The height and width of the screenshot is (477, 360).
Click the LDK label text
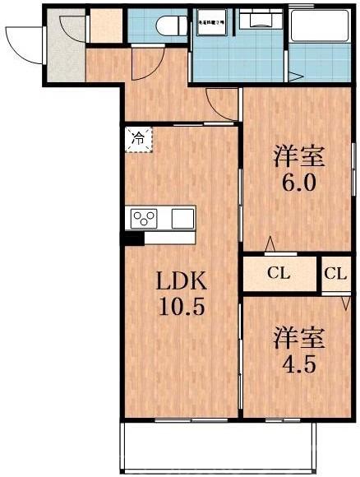[x=180, y=281]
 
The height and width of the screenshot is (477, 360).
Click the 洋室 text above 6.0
[x=298, y=155]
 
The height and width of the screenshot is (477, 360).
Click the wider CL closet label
[x=279, y=275]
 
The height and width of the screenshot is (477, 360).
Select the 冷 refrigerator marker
[x=138, y=139]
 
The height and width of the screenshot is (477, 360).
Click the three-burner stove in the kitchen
[x=145, y=219]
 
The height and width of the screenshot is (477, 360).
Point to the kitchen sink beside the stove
[x=182, y=219]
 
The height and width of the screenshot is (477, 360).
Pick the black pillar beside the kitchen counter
[x=132, y=239]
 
